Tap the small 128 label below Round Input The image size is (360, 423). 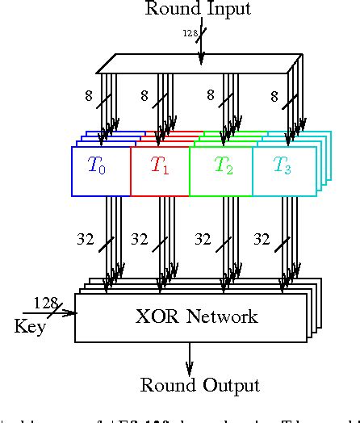point(190,34)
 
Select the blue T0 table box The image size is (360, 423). point(100,170)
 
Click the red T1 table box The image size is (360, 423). point(160,170)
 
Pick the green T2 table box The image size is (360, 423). point(221,170)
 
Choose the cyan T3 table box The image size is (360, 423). point(283,170)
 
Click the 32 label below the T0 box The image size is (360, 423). point(86,240)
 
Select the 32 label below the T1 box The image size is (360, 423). point(139,240)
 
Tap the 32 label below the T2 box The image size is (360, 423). point(202,240)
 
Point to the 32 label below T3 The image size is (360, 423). point(262,240)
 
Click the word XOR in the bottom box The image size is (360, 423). point(159,316)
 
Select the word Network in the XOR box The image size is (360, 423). point(224,316)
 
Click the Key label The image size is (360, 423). point(30,327)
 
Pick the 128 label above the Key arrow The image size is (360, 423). point(44,303)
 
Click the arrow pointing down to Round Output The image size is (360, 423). point(190,359)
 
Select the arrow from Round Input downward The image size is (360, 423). point(201,48)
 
